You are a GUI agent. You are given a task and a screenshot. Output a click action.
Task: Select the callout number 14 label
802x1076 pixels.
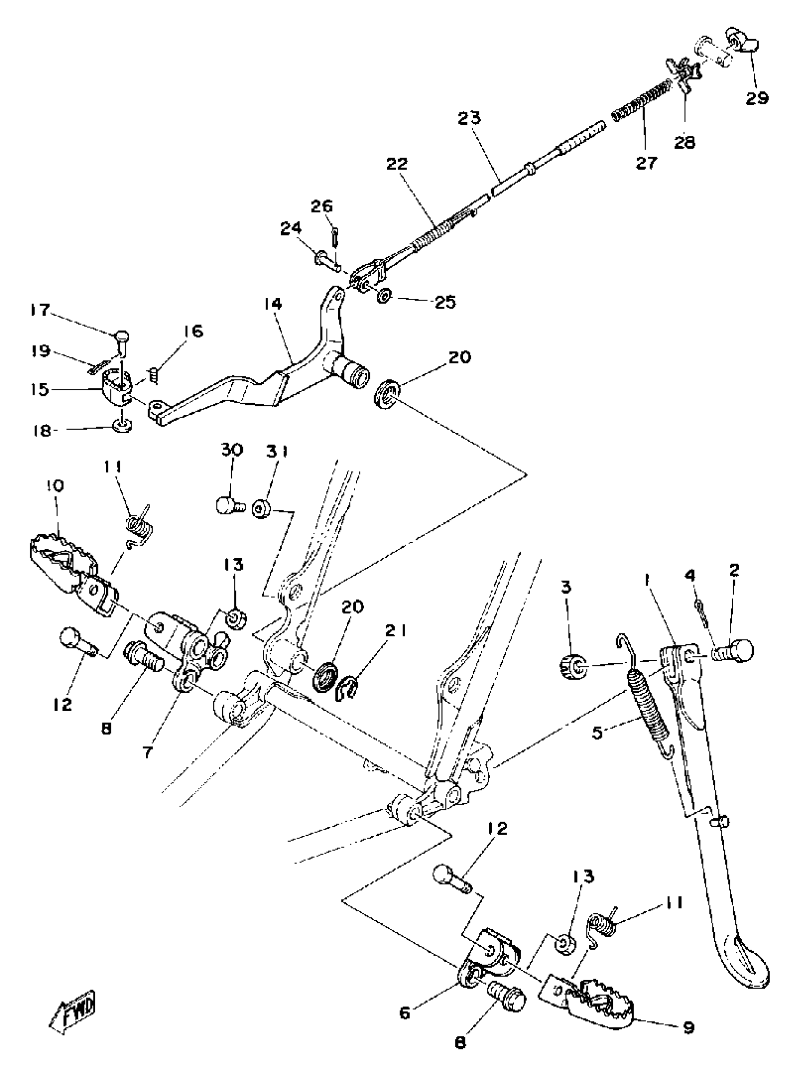click(x=273, y=304)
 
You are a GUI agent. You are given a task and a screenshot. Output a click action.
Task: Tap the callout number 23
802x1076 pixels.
click(x=469, y=118)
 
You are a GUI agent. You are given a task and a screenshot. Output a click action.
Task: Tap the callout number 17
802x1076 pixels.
click(x=41, y=310)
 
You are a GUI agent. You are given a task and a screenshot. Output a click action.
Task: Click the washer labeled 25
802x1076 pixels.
click(x=384, y=295)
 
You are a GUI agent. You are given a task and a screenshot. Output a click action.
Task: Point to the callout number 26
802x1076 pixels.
click(x=322, y=206)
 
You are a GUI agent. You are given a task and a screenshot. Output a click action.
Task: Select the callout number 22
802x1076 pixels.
click(x=397, y=164)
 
